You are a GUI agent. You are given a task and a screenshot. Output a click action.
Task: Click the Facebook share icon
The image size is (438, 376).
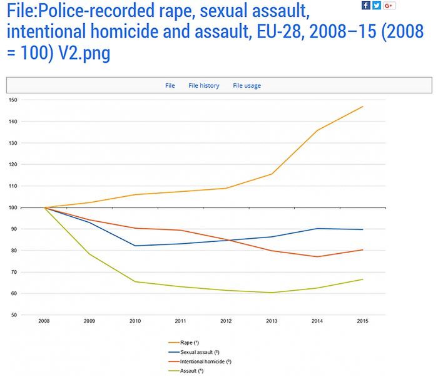coord(366,6)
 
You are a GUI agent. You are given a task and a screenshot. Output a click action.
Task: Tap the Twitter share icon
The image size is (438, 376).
coord(377,6)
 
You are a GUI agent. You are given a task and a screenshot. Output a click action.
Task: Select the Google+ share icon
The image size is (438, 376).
coord(389,6)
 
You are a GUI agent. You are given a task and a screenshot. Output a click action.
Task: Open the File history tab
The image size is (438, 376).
coord(203,86)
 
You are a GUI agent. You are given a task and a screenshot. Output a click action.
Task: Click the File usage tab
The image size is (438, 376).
coord(247,86)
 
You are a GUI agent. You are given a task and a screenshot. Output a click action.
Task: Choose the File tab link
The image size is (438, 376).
coord(170,86)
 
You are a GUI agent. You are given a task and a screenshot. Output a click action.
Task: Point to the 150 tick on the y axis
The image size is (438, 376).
coord(13,100)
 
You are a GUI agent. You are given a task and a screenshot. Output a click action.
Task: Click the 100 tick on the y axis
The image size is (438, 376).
coord(13,207)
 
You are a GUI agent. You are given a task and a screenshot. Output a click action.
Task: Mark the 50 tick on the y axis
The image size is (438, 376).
coord(13,315)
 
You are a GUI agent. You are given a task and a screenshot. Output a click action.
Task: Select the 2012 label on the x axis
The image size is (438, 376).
coord(226,321)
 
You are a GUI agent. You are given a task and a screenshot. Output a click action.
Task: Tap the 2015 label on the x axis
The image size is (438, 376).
coord(362,321)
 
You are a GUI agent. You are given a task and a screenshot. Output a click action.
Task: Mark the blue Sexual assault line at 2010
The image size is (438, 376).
coord(136,246)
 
